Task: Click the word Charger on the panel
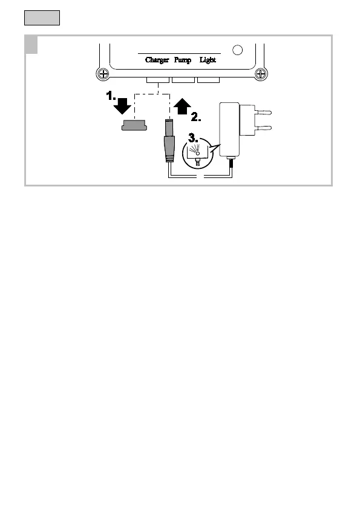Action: [x=157, y=60]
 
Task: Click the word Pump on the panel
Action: [x=183, y=60]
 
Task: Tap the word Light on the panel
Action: [x=208, y=60]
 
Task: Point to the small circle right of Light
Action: [x=238, y=50]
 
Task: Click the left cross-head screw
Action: [x=103, y=73]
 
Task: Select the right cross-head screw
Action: [x=261, y=73]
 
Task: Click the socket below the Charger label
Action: [x=158, y=80]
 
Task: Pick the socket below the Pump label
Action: [x=183, y=80]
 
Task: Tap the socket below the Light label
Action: [x=209, y=80]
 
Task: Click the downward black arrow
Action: [x=122, y=106]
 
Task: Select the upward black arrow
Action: [x=182, y=107]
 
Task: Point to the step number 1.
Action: [x=111, y=96]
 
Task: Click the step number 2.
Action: [x=196, y=117]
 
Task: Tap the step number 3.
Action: [x=193, y=138]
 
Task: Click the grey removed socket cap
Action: [x=134, y=125]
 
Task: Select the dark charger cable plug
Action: [x=169, y=140]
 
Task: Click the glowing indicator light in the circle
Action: [x=198, y=153]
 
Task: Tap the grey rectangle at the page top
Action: [x=42, y=18]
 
